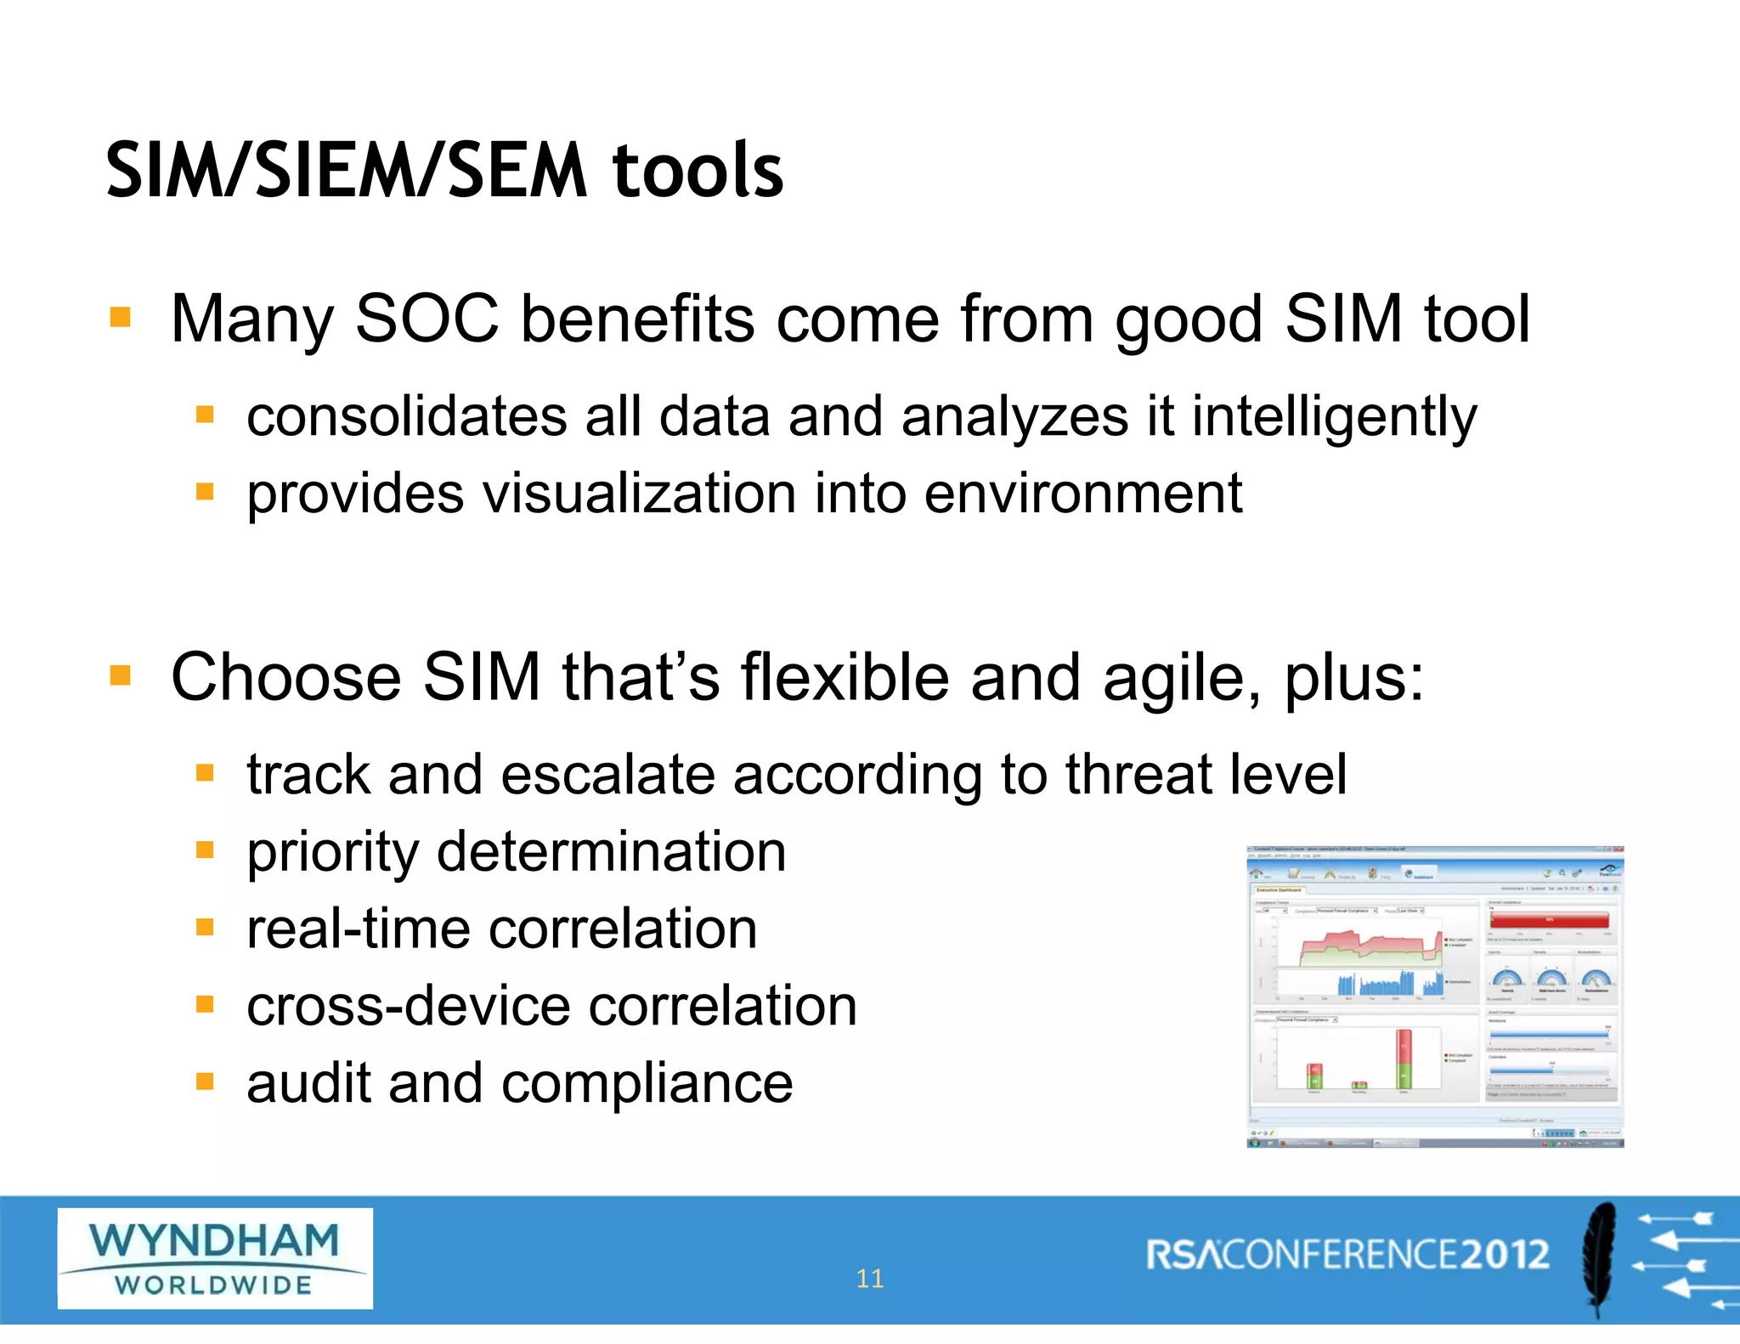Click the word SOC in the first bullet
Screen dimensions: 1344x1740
point(427,319)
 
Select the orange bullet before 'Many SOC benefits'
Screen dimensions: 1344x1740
point(121,318)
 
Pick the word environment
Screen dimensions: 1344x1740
point(1082,494)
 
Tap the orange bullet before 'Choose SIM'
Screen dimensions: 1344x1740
point(121,676)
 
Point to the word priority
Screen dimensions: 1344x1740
point(332,853)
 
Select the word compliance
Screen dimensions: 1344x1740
point(647,1084)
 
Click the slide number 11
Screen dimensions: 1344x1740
point(869,1279)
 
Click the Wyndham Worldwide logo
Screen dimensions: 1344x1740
point(215,1258)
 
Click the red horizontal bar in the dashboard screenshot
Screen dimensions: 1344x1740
point(1550,919)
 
